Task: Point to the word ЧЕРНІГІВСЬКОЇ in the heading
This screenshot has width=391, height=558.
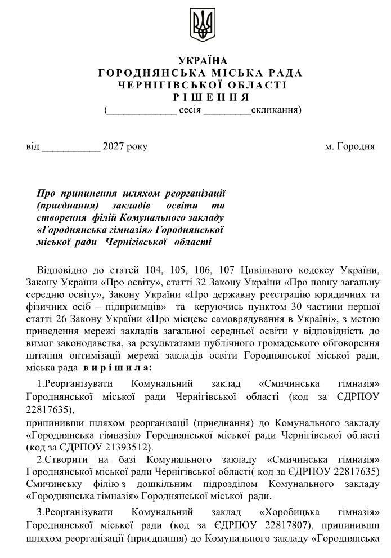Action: click(x=162, y=86)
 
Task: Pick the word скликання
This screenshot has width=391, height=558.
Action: click(x=275, y=109)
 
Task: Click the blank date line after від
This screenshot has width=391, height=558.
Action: click(x=71, y=148)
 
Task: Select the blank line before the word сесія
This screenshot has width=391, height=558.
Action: click(x=141, y=110)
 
